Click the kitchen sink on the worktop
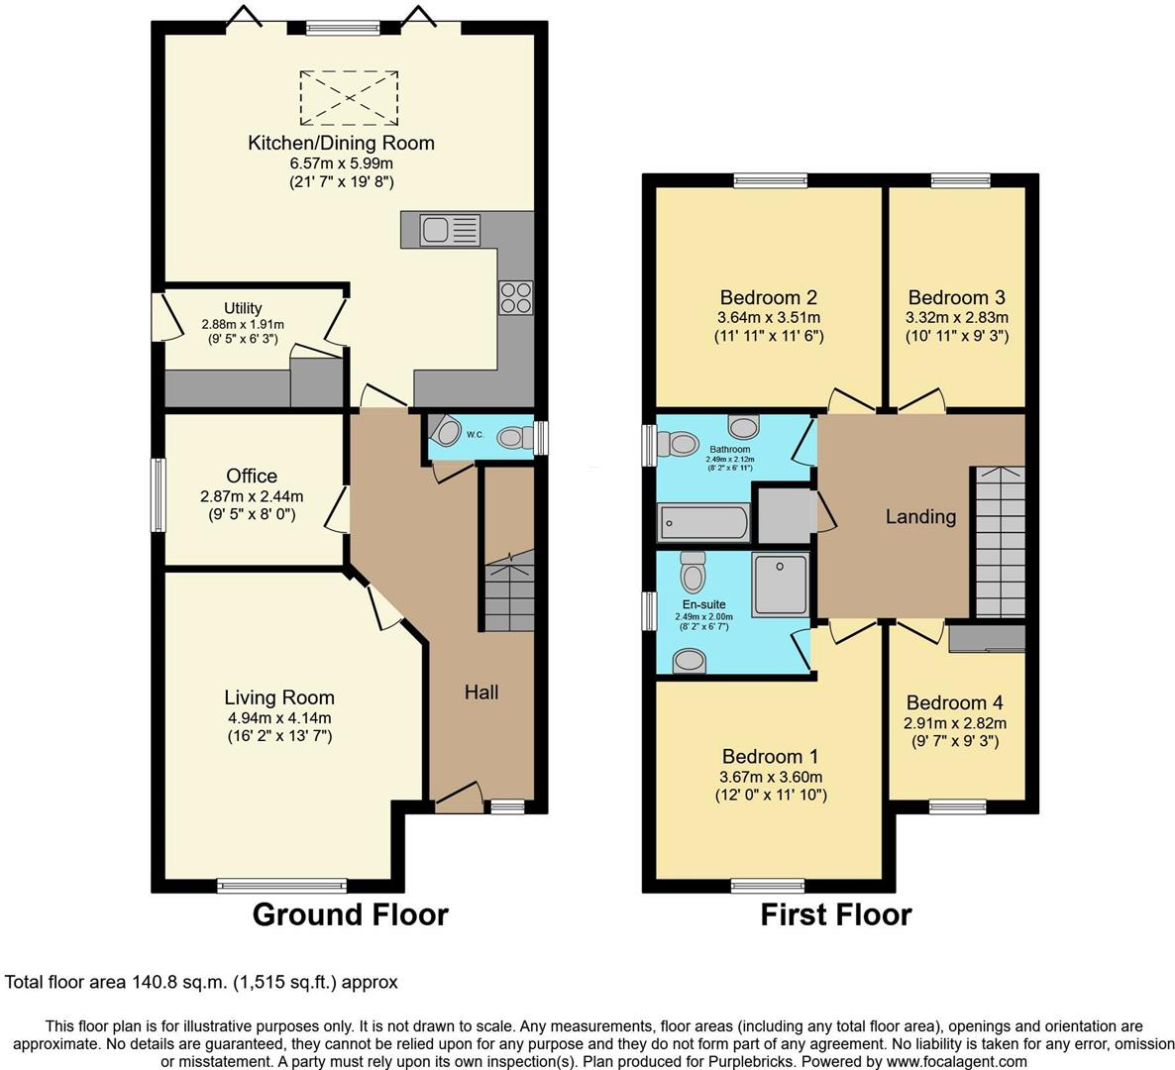click(x=449, y=230)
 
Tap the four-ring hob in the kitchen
click(x=516, y=296)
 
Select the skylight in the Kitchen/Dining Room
click(x=349, y=95)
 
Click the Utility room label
click(x=243, y=308)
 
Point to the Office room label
click(x=252, y=477)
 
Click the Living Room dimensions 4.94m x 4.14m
click(x=278, y=718)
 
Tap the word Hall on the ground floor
click(x=481, y=693)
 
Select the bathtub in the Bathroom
click(x=703, y=521)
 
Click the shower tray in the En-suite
click(x=781, y=585)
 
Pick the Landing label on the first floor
click(x=920, y=516)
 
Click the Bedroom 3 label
click(x=956, y=297)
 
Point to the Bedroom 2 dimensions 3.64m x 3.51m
click(x=768, y=318)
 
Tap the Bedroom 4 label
click(x=946, y=703)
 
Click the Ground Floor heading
click(x=350, y=914)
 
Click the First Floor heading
click(x=835, y=914)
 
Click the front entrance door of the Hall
click(x=458, y=797)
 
